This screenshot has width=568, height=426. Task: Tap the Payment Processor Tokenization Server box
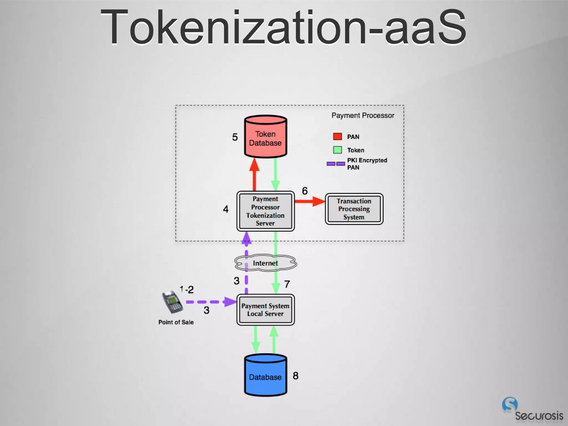(x=265, y=211)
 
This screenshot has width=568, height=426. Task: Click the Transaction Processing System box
(x=354, y=209)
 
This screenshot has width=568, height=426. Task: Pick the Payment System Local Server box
(x=265, y=310)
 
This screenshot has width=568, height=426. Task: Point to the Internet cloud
(x=265, y=263)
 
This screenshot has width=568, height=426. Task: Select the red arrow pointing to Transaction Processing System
(x=309, y=201)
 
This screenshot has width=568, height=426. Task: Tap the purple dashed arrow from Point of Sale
(x=211, y=302)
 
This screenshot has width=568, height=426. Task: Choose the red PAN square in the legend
(x=337, y=136)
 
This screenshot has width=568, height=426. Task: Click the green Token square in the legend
(x=337, y=150)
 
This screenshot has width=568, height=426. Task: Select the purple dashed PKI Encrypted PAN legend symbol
(x=336, y=164)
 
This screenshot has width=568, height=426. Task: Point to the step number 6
(x=305, y=191)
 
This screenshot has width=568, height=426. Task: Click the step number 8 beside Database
(x=296, y=376)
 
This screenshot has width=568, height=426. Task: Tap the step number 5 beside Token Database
(x=235, y=137)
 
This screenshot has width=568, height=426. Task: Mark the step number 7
(x=287, y=284)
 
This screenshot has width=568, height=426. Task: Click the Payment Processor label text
(x=363, y=115)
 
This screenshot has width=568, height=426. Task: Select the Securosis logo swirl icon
(x=509, y=404)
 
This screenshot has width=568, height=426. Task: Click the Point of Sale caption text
(x=176, y=322)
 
